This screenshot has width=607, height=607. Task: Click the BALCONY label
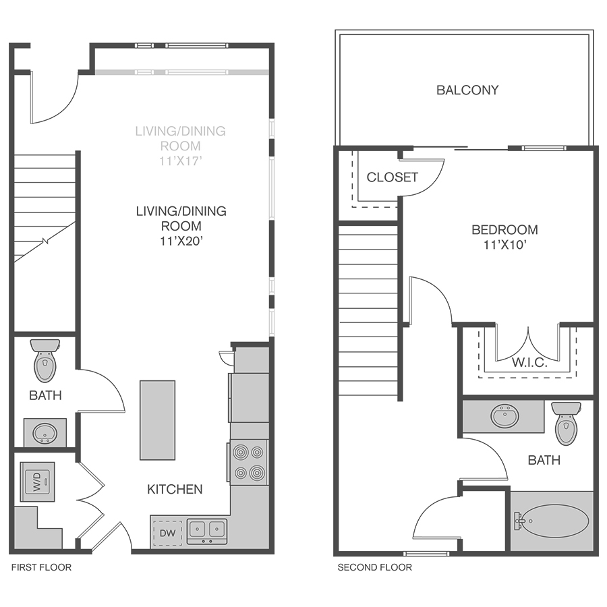467,90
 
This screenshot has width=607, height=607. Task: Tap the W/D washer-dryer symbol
37,482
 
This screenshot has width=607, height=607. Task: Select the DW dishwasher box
168,533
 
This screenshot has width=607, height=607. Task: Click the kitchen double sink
207,531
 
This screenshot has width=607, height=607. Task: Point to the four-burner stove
248,462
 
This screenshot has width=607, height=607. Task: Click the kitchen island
158,420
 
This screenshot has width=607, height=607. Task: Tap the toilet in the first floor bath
45,360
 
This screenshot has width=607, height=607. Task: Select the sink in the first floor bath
45,433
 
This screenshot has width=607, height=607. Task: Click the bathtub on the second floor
552,521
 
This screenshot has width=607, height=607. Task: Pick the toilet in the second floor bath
566,424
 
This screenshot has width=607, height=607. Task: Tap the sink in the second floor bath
504,416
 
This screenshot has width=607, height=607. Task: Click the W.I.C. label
529,363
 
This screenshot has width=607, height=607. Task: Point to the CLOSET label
392,177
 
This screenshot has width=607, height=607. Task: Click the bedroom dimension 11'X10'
504,245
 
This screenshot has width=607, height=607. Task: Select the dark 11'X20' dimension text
181,241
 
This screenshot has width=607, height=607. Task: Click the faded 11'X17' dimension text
180,161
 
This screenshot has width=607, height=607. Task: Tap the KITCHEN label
175,490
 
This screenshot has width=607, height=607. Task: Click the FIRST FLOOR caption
41,567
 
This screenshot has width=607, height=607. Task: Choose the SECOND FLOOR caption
375,567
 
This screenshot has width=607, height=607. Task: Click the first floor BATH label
45,395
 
